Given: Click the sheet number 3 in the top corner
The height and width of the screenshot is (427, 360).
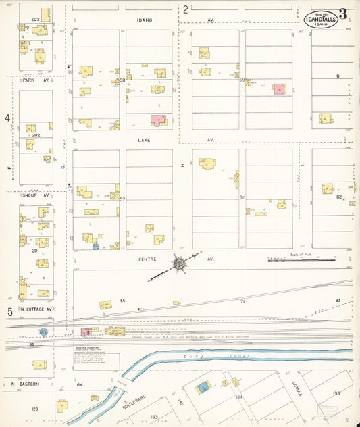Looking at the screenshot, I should point(344,14).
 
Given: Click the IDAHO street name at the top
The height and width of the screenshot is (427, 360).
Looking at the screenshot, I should point(144,20).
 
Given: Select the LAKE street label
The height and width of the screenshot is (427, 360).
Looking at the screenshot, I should point(144,140).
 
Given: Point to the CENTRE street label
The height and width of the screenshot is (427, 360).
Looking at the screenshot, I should point(147,259).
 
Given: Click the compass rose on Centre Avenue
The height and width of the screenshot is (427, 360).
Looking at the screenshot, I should point(180,263).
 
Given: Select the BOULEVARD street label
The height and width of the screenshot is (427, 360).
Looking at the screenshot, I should point(133,404).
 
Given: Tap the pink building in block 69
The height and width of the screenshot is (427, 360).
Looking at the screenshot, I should point(279,89).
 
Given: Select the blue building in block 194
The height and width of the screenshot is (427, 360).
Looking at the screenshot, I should point(201,388).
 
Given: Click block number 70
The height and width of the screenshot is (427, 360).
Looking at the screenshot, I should point(242,198).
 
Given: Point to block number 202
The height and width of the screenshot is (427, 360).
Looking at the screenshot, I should point(36,135).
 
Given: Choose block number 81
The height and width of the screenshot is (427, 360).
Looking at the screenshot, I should point(338,77).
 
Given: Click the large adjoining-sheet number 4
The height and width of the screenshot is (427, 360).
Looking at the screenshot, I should point(8,118).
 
